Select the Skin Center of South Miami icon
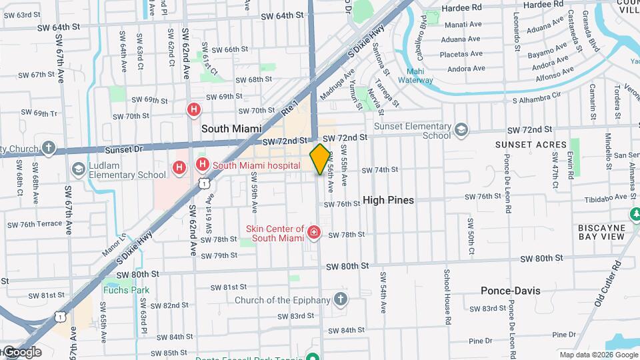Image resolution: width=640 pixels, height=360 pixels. pos(313,233)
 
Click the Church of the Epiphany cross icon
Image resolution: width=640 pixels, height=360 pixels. pos(341,299)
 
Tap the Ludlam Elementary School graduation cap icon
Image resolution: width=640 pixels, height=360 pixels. pos(79,169)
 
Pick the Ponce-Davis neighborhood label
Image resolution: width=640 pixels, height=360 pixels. pos(511,291)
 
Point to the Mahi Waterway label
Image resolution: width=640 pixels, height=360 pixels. pos(415,76)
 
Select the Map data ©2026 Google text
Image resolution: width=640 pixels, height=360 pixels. pos(599,355)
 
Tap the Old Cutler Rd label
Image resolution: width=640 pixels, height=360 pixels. pos(607,283)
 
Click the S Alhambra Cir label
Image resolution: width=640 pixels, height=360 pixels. pos(537,100)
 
